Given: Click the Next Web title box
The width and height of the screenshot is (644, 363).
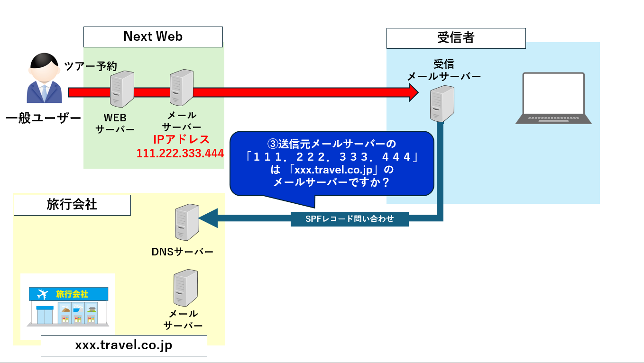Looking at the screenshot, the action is (x=153, y=37).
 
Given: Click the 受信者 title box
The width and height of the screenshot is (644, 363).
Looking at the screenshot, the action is (x=456, y=38).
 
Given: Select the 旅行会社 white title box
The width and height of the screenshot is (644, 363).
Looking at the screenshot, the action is (x=72, y=205).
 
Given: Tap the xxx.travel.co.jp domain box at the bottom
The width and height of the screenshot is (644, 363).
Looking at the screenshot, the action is (x=124, y=345).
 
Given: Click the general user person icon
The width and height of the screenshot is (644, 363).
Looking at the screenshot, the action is (x=44, y=78).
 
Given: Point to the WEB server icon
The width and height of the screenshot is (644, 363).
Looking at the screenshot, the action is (x=122, y=89).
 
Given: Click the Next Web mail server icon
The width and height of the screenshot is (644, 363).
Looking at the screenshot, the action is (x=182, y=88).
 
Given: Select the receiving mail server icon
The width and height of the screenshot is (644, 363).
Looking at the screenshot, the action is (x=442, y=104).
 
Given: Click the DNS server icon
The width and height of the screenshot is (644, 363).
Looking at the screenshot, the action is (x=187, y=222).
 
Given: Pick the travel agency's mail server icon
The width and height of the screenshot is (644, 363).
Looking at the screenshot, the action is (x=185, y=288).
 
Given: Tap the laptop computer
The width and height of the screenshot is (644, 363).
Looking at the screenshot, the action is (x=553, y=99).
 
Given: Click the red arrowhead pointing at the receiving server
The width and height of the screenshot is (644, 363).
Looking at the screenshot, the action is (x=414, y=92).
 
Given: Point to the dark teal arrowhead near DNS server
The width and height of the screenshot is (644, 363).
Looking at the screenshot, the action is (x=208, y=218).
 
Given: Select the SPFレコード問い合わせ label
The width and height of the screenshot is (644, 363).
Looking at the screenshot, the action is (x=350, y=219).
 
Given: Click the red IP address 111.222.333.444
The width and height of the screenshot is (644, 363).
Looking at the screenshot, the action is (x=180, y=154).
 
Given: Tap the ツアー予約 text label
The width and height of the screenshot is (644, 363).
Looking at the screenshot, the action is (x=90, y=66).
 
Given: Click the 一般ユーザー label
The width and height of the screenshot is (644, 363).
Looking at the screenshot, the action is (x=44, y=118).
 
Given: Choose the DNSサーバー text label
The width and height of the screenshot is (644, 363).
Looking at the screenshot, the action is (x=182, y=252).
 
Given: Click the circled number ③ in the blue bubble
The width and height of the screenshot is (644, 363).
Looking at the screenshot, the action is (x=272, y=144).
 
